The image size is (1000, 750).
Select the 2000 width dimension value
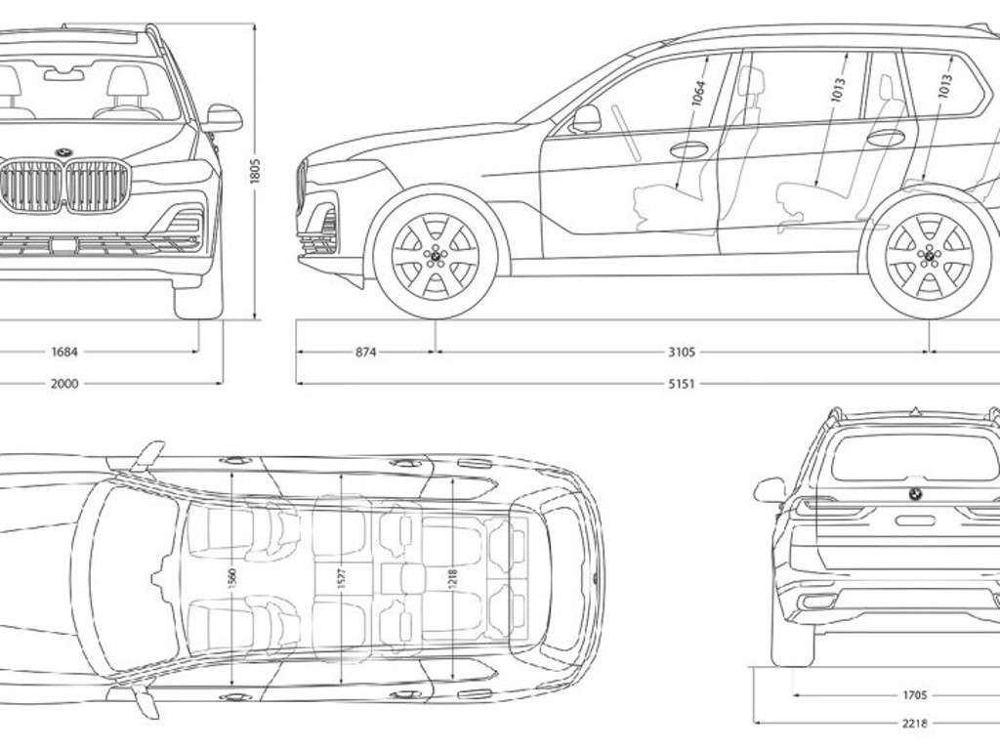coord(63,384)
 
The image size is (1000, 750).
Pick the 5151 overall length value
coord(681,384)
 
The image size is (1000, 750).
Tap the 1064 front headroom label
coord(697,93)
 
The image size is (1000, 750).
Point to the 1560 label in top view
coord(231,578)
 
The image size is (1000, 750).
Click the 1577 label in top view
coord(339,578)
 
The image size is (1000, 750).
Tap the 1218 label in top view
coord(450,578)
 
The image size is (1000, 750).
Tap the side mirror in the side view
coord(586,119)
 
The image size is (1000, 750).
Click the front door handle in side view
coord(689,149)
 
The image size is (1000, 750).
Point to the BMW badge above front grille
coord(65,151)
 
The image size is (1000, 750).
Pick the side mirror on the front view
coord(223,117)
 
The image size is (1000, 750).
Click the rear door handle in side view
coord(886,138)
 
